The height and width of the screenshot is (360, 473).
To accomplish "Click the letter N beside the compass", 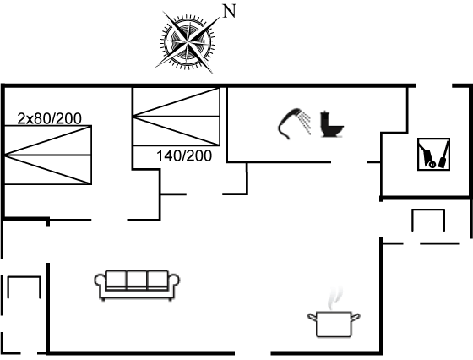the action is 229,11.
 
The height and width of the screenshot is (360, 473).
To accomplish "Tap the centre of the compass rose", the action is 188,41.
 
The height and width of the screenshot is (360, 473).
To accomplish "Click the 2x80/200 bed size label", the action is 50,118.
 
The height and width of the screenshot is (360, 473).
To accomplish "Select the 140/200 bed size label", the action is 184,156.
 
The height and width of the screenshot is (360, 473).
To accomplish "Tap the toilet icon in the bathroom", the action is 331,124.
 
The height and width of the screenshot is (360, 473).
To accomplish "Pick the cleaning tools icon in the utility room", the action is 433,154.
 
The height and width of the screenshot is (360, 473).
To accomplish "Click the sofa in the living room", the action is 137,285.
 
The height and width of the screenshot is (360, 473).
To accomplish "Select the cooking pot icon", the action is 334,325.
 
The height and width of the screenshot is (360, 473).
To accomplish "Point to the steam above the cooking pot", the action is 335,297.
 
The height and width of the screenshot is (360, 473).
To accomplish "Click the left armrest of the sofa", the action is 101,284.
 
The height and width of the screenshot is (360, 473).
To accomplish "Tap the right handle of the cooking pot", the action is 356,318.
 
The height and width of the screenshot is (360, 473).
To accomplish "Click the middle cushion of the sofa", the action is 137,280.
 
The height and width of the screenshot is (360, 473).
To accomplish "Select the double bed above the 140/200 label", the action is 177,117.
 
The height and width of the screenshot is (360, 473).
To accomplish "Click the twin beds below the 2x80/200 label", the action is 48,155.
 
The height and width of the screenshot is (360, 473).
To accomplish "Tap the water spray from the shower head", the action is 305,123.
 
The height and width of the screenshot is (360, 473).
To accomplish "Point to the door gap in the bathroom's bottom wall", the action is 349,162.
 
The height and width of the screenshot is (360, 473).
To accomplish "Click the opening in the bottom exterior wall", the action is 253,352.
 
